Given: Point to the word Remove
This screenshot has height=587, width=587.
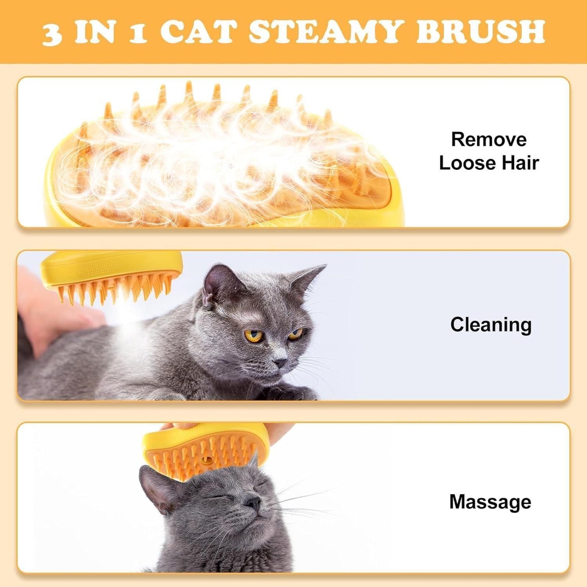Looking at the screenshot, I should (489, 140).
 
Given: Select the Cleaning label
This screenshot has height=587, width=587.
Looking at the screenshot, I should (491, 325).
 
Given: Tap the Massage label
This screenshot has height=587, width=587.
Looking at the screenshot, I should (490, 502).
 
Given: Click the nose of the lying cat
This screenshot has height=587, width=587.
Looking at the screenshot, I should (279, 362).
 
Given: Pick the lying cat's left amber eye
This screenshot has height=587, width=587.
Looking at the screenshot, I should (253, 336).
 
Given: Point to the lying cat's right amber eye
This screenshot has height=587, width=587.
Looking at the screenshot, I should (296, 334).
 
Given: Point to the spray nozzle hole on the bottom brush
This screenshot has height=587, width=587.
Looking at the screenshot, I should (208, 460).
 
